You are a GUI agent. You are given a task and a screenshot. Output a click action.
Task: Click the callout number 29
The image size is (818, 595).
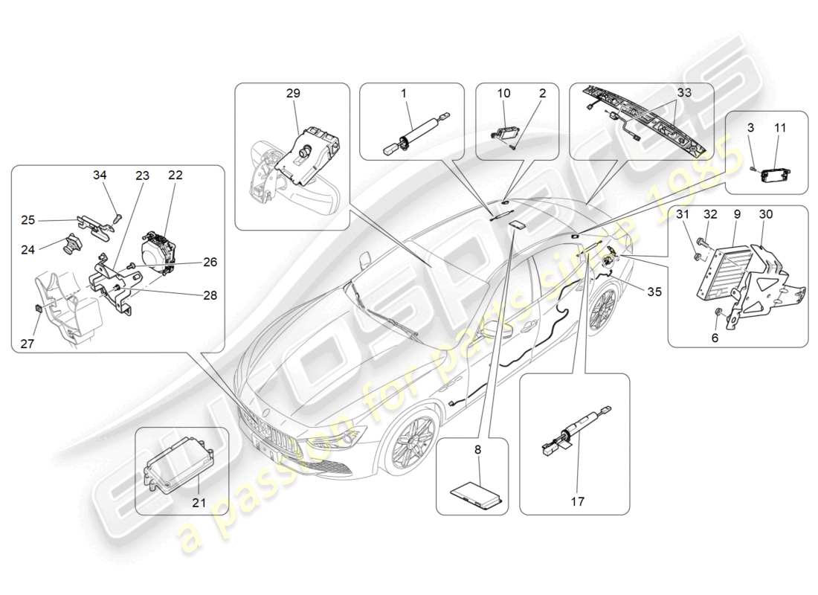pyautogui.click(x=293, y=94)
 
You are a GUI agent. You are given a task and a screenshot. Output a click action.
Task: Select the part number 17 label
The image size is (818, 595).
pyautogui.click(x=577, y=502)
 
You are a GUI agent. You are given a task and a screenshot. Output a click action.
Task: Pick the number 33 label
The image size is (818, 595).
pyautogui.click(x=683, y=94)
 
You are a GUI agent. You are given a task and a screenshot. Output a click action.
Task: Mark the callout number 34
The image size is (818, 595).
pyautogui.click(x=100, y=175)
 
